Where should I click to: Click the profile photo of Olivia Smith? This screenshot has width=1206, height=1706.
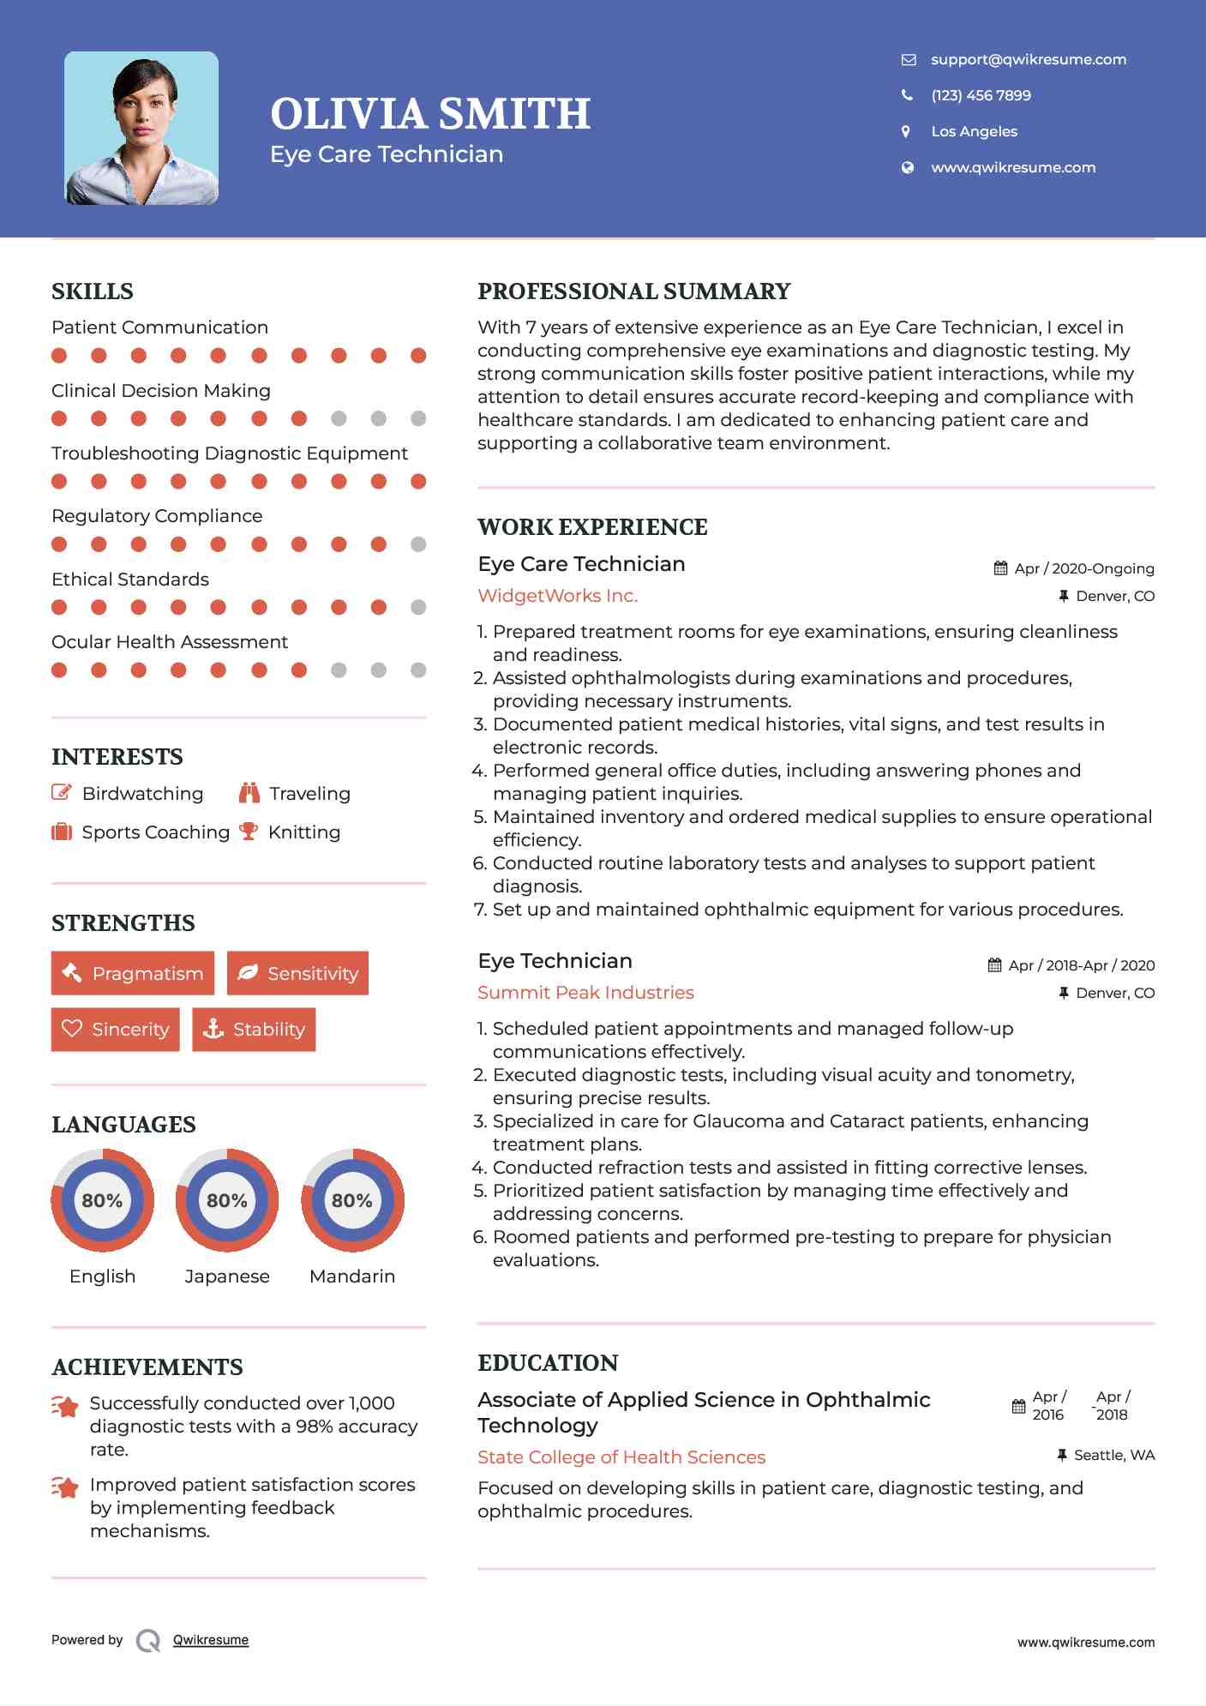141,129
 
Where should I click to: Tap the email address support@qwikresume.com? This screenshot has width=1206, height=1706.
1028,59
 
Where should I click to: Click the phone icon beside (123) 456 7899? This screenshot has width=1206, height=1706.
907,95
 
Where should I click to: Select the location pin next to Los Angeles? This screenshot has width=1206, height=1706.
906,131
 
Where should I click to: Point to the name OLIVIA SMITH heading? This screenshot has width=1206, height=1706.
430,114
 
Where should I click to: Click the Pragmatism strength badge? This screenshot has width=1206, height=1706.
133,973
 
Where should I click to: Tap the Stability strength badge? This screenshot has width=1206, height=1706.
254,1029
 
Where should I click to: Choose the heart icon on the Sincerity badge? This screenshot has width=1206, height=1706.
72,1029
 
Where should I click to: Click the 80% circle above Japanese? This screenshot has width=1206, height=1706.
227,1200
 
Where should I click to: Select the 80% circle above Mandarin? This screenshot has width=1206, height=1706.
352,1200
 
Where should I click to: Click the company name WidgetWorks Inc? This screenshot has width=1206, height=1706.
557,596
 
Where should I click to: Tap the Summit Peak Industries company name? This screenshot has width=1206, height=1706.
585,993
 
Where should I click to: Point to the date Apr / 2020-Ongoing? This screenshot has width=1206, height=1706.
1083,568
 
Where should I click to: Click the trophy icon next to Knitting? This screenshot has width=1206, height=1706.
249,832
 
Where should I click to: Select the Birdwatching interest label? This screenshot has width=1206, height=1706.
142,794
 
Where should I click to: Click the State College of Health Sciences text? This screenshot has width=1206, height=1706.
621,1457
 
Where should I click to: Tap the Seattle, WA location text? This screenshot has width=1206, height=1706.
1113,1455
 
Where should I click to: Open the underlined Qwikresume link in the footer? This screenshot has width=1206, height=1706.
211,1640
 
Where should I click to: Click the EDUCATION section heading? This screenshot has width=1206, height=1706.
548,1363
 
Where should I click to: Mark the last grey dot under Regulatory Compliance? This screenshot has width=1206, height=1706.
418,544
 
